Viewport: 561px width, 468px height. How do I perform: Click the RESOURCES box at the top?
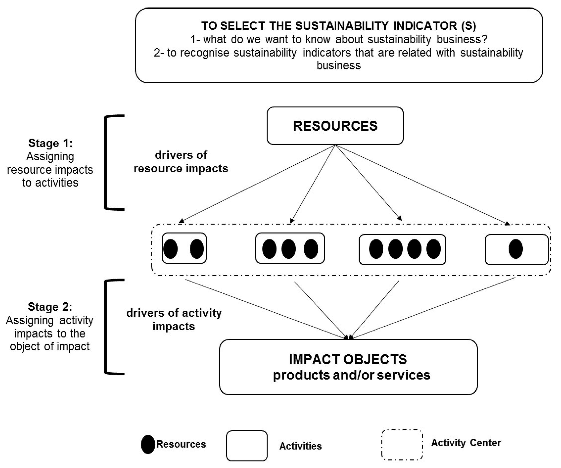tap(335, 126)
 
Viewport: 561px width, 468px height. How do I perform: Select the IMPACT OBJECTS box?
tap(348, 367)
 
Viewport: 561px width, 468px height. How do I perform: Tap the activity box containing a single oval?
tap(516, 249)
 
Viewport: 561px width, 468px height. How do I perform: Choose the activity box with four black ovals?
tap(402, 249)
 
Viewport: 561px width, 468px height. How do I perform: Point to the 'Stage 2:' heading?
tap(50, 307)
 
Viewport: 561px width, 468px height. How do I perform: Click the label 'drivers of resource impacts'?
tap(181, 162)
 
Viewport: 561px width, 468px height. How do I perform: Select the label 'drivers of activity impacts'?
tap(174, 319)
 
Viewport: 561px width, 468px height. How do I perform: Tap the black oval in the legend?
tap(148, 444)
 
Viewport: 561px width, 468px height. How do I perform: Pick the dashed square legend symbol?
tap(402, 445)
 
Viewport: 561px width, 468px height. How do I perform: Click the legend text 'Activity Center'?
tap(466, 443)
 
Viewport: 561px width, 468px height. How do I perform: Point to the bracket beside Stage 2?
tap(107, 327)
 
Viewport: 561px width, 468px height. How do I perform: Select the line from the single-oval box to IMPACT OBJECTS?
tap(433, 307)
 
